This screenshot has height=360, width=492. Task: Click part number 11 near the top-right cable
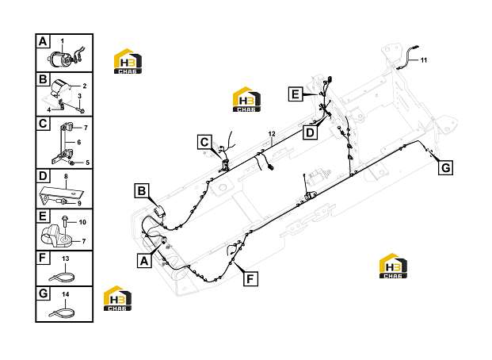coord(424,60)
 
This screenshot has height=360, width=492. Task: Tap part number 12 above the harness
coord(272,134)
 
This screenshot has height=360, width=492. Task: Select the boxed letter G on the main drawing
coord(445,168)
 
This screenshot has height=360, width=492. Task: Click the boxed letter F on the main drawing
coord(250,278)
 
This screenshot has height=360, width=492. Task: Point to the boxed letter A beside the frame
coord(144,260)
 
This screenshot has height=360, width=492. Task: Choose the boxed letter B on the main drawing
coord(142,190)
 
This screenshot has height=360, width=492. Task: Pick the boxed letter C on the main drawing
coord(204,142)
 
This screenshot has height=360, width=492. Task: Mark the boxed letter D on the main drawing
coord(310,132)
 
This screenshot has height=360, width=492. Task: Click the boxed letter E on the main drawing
coord(296,94)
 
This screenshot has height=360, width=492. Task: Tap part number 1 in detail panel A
coord(62,41)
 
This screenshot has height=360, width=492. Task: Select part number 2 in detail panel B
coord(85,86)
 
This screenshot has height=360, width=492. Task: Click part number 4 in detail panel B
coord(49,109)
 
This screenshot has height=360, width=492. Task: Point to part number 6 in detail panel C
coord(78,142)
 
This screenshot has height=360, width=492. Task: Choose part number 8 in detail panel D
coord(66,177)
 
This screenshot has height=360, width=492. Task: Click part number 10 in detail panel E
coord(82,222)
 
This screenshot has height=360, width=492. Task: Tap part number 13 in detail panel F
coord(65,259)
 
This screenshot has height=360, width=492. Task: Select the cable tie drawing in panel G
coord(62,313)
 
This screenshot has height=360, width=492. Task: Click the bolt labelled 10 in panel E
coord(65,222)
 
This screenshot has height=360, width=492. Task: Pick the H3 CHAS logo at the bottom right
coord(393,266)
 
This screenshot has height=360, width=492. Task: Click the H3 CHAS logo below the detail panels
coord(118,298)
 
